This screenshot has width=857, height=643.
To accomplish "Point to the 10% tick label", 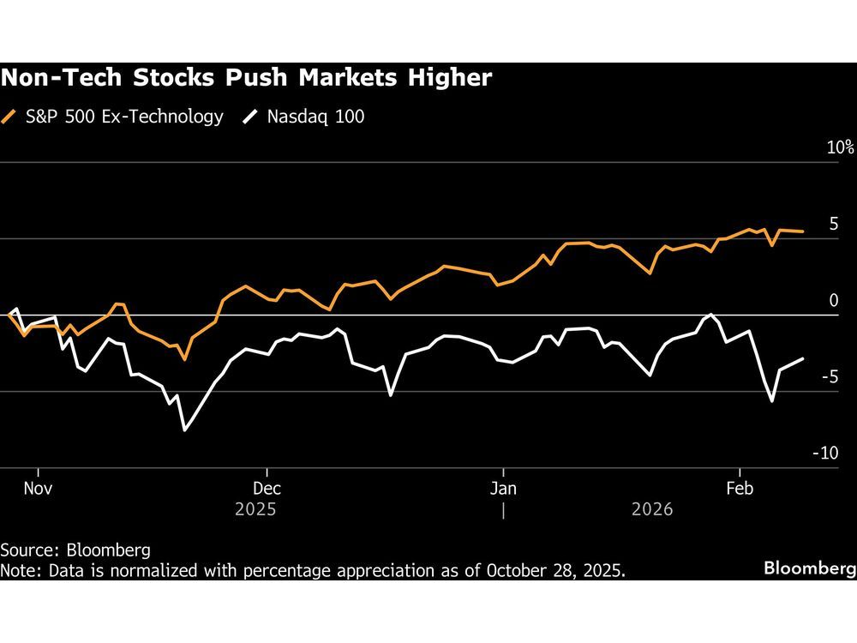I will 840,147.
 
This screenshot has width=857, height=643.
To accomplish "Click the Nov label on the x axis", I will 39,488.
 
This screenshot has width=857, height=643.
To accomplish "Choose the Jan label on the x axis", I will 503,488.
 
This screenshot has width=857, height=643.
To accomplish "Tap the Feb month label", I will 740,488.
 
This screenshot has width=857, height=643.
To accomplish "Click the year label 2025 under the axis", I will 255,509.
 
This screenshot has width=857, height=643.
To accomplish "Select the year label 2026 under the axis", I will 652,509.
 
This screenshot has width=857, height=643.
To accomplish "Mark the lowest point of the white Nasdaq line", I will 185,430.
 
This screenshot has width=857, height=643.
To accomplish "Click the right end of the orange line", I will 802,231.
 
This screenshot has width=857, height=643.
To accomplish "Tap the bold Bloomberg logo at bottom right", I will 809,568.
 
